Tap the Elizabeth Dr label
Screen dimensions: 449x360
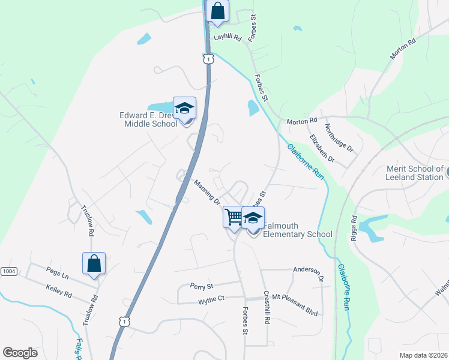pos(322,148)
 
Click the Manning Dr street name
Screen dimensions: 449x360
pos(207,191)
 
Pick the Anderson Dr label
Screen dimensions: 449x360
pos(309,271)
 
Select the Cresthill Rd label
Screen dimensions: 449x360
pos(267,308)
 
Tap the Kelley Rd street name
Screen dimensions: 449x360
pos(59,292)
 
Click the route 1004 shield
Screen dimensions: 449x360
pos(8,272)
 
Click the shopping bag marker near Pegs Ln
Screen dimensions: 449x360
pos(94,263)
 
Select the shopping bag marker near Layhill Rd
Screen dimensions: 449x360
pos(217,11)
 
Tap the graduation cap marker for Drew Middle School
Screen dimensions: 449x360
pos(184,108)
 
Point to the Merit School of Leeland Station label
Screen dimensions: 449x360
pos(414,173)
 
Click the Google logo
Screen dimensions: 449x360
pos(20,353)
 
